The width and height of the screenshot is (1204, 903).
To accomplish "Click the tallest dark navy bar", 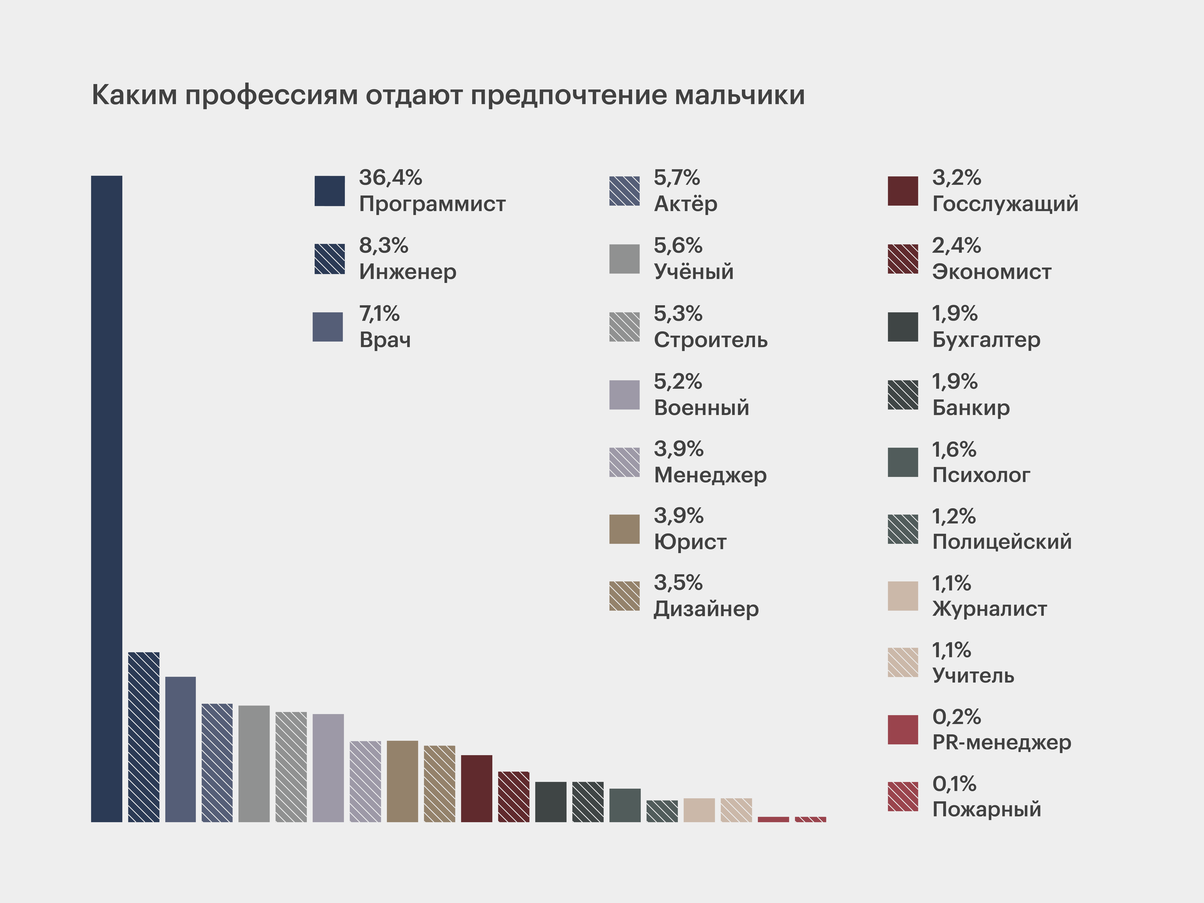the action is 107,498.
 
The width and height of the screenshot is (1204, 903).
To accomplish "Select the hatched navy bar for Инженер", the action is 144,737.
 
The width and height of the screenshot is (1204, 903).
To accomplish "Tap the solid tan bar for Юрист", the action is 402,781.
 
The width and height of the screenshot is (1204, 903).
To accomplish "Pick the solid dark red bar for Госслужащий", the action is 476,788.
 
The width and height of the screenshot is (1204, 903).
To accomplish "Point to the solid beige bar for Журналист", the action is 699,810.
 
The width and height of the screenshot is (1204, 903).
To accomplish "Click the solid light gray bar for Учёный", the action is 254,764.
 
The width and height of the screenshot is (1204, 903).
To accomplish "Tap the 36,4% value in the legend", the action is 390,177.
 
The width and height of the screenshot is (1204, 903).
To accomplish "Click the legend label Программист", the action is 432,204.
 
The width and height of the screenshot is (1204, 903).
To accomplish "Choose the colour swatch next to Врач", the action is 328,327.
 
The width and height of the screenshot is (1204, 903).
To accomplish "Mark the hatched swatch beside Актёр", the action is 624,191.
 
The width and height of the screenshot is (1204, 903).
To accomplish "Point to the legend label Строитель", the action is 710,340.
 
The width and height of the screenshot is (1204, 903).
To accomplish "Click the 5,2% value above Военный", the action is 678,382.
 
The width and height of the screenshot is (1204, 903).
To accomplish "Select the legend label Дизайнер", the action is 706,608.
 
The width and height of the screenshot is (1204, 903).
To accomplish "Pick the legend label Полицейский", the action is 1002,542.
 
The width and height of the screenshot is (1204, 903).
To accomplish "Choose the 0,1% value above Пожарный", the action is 954,784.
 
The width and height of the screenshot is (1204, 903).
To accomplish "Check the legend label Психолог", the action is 981,475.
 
